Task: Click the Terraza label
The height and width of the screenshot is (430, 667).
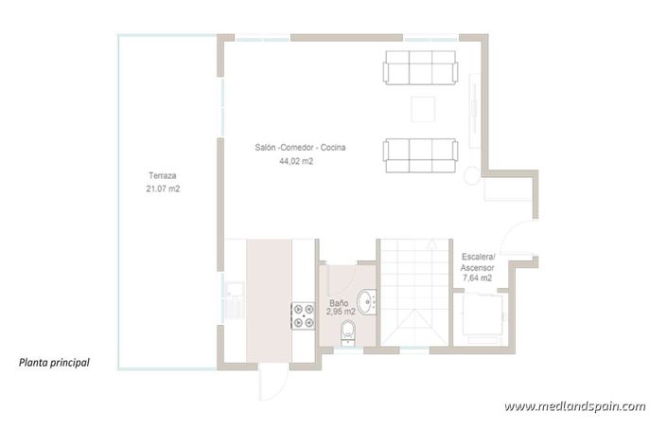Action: pos(163,177)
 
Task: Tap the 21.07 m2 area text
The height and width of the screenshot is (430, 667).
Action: pos(163,189)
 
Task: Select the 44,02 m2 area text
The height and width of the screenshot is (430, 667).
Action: pos(295,162)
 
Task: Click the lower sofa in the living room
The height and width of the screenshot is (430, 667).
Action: pos(419,155)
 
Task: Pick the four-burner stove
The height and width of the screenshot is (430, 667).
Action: pos(303,315)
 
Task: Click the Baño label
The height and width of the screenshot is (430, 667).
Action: pos(339,299)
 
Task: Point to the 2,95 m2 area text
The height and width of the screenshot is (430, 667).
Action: pos(341,311)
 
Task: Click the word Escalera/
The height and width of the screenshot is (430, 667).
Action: pos(478,257)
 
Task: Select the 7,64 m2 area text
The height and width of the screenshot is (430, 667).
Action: pos(476,278)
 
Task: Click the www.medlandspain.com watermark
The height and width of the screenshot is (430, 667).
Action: pos(574,405)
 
